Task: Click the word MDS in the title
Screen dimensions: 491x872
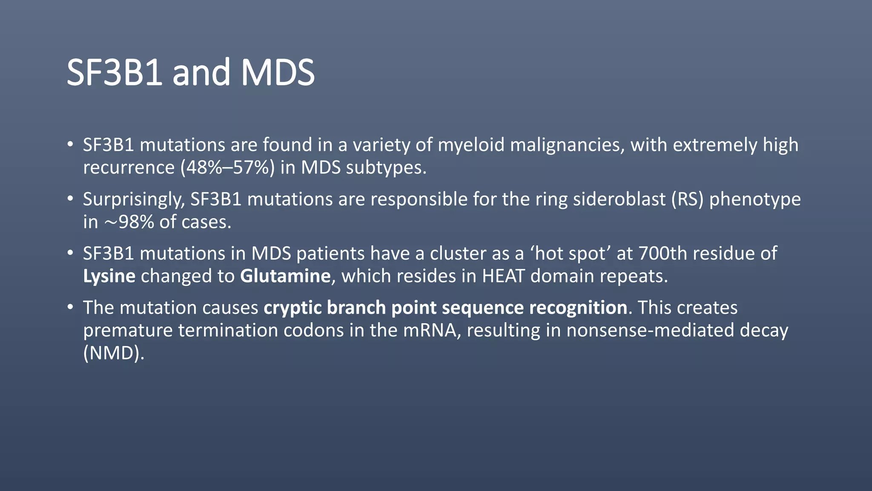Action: click(278, 72)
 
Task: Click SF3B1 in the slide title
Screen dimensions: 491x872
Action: click(114, 72)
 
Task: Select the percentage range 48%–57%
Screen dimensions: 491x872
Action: click(227, 168)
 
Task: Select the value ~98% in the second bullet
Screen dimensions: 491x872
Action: click(129, 222)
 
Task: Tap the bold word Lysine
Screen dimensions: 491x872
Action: click(109, 276)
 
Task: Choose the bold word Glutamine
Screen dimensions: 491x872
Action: click(285, 276)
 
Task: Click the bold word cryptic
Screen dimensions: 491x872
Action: click(293, 308)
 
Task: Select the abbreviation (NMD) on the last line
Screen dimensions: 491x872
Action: click(114, 353)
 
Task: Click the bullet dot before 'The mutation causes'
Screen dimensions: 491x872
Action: click(70, 307)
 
